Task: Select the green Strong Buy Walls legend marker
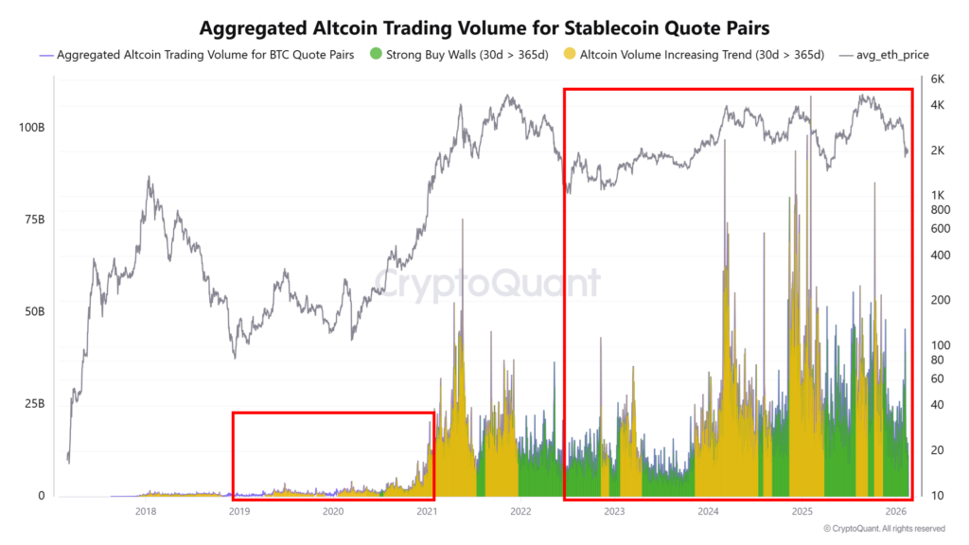click(x=376, y=55)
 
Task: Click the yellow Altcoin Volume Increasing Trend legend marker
click(x=569, y=55)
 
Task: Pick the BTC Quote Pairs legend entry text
click(x=205, y=55)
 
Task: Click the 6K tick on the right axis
click(x=938, y=79)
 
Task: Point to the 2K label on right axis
click(x=938, y=151)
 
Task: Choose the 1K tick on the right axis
click(x=938, y=196)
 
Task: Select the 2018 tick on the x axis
click(x=146, y=512)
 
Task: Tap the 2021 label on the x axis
click(x=427, y=512)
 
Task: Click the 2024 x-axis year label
click(x=708, y=512)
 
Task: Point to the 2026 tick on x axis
click(x=895, y=512)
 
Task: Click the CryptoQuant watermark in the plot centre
click(x=484, y=283)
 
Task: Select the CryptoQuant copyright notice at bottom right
click(x=884, y=529)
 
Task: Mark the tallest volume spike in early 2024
click(x=725, y=142)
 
